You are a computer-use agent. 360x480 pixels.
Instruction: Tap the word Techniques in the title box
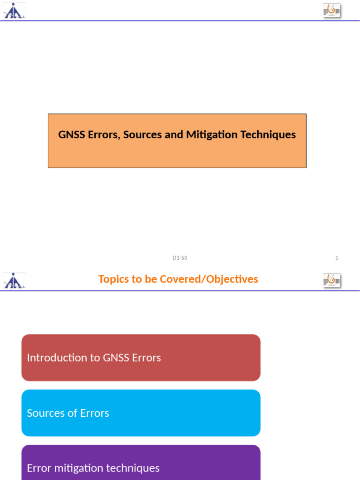pyautogui.click(x=268, y=135)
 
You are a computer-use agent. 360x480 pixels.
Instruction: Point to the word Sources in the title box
pyautogui.click(x=141, y=135)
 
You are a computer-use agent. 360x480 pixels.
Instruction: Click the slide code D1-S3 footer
pyautogui.click(x=180, y=258)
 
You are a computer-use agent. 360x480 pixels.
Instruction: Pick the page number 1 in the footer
pyautogui.click(x=337, y=258)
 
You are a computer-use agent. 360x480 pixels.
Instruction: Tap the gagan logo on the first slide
pyautogui.click(x=331, y=11)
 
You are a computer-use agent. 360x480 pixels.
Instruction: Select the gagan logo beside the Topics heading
pyautogui.click(x=331, y=280)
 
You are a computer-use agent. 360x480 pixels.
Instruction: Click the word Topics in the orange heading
pyautogui.click(x=112, y=279)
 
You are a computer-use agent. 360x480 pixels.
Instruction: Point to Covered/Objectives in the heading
pyautogui.click(x=209, y=279)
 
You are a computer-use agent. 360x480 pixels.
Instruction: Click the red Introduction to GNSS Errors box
pyautogui.click(x=141, y=358)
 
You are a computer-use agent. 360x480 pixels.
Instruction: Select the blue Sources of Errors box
pyautogui.click(x=141, y=413)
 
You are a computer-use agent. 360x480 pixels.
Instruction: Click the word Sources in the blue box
pyautogui.click(x=43, y=413)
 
